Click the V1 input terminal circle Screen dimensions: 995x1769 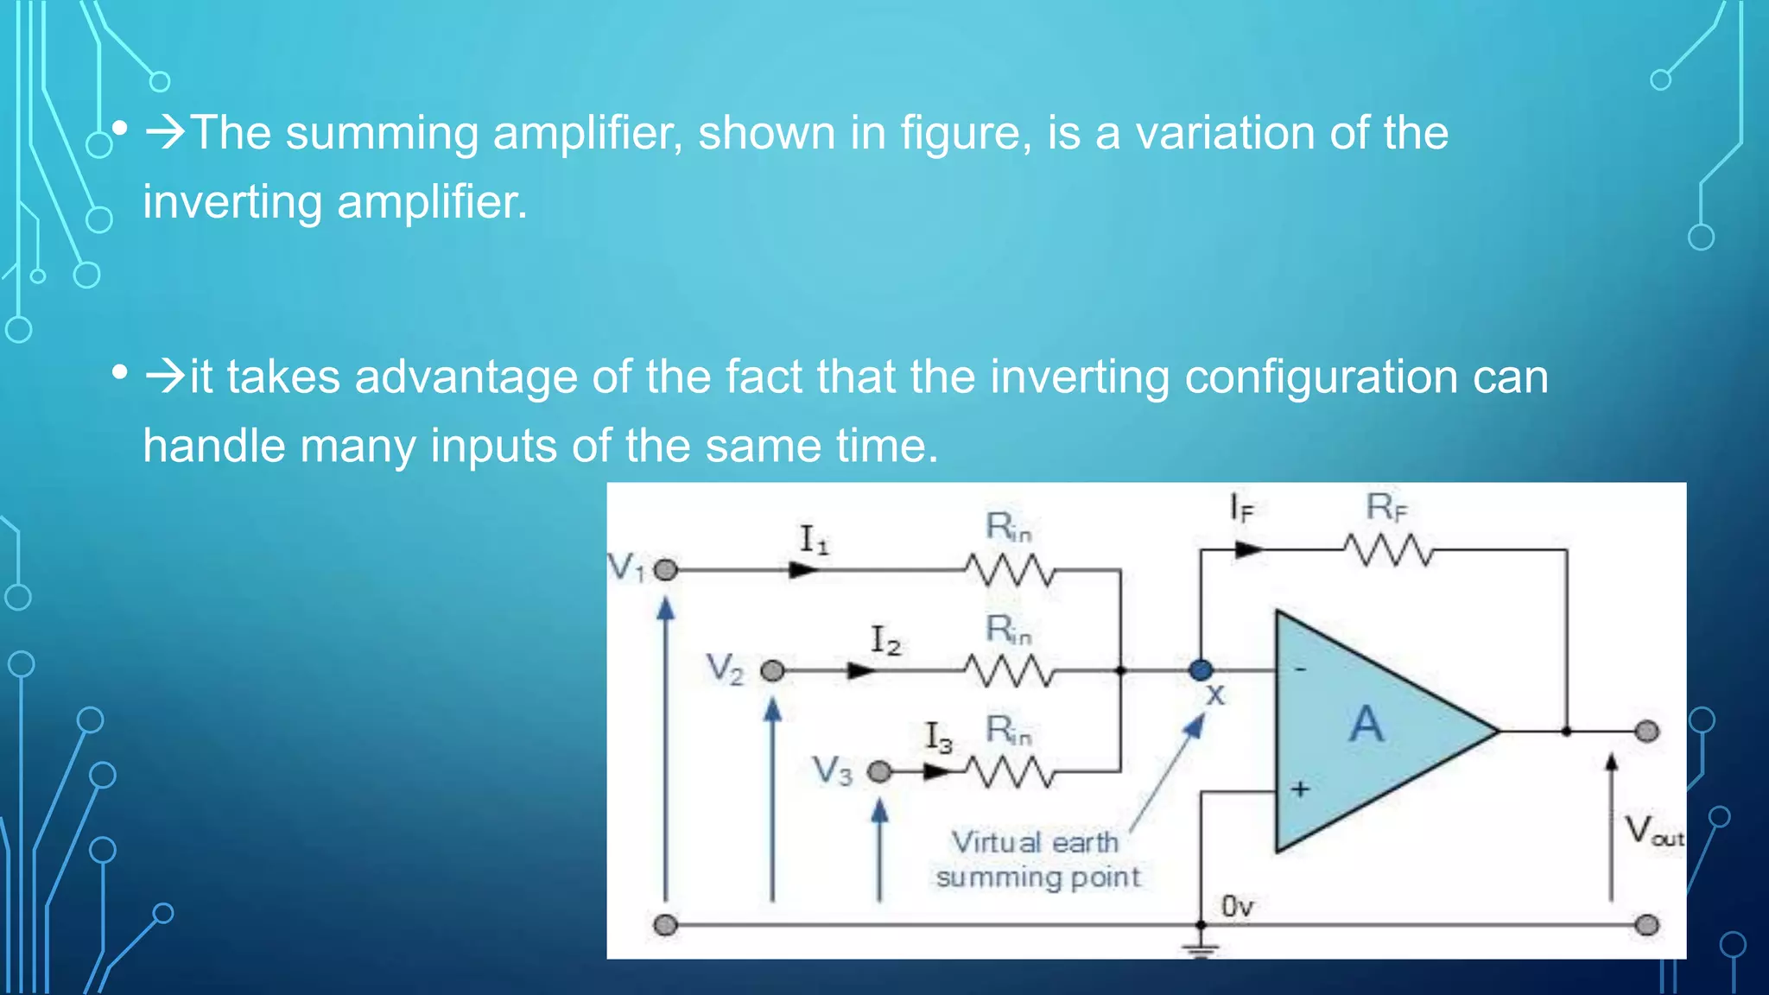point(665,570)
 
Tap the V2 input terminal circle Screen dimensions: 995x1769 point(772,670)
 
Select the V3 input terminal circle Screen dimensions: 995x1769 point(878,771)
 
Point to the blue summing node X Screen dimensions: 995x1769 point(1201,669)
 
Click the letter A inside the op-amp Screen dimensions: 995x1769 point(1366,724)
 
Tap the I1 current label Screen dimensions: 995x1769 point(813,539)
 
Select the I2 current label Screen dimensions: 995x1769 point(884,640)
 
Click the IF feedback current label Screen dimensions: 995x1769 point(1240,507)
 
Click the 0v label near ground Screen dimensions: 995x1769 point(1237,906)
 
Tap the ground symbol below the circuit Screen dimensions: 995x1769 point(1201,948)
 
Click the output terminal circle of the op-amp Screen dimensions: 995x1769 point(1646,732)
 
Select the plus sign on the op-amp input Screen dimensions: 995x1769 point(1300,789)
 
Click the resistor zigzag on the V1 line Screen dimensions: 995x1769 point(1009,570)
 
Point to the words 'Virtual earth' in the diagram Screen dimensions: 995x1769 point(1034,841)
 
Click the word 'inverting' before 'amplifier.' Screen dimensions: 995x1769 point(232,203)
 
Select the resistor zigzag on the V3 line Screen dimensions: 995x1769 point(1009,771)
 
